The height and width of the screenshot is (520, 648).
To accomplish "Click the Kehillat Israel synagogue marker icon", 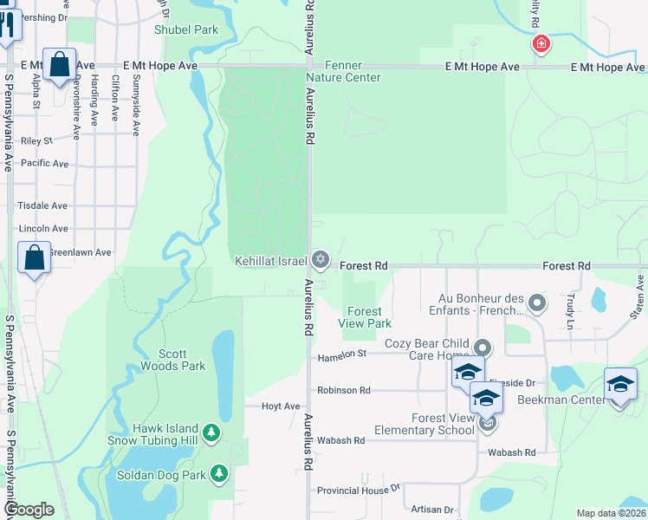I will (x=321, y=259).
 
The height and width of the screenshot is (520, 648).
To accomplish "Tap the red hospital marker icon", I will (x=541, y=43).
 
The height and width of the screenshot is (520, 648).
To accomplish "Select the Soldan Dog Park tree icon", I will (x=221, y=473).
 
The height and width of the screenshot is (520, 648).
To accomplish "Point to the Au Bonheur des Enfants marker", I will (x=537, y=302).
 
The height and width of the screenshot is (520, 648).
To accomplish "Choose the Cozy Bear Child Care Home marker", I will (x=483, y=348).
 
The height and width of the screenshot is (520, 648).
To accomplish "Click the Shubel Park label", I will (x=185, y=29).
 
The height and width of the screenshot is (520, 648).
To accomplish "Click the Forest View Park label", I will (x=364, y=317).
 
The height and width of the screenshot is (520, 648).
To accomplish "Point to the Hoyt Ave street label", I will (x=281, y=406).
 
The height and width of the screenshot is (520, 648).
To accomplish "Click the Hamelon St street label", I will (x=342, y=354).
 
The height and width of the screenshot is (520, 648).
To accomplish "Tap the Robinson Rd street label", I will (x=343, y=390).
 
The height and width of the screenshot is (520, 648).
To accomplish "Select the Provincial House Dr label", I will (x=358, y=490).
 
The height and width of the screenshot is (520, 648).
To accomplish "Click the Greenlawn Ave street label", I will (x=80, y=252).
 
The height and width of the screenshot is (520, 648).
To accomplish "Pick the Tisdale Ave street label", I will (x=42, y=206).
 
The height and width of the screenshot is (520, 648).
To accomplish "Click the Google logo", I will (x=28, y=510).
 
